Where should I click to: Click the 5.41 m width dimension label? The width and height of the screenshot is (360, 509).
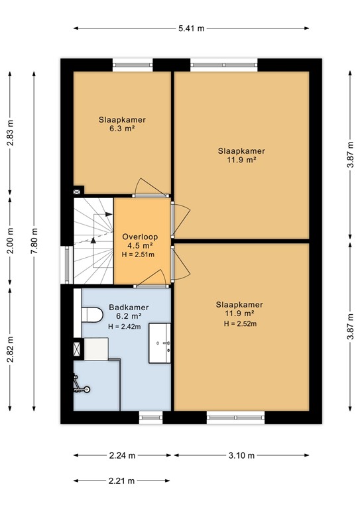click(191, 28)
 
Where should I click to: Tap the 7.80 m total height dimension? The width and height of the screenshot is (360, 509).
click(34, 241)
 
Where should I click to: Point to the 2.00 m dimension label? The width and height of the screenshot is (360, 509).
click(11, 241)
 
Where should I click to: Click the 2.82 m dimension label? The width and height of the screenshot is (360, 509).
click(11, 349)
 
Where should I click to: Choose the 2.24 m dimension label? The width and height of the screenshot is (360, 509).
click(122, 455)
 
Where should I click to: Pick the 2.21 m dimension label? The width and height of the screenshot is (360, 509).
click(121, 481)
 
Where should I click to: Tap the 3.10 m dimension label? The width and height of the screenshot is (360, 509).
click(241, 455)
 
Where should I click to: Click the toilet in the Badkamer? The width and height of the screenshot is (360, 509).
click(92, 315)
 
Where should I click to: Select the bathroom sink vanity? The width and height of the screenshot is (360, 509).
click(160, 343)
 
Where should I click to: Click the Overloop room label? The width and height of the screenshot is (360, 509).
click(140, 237)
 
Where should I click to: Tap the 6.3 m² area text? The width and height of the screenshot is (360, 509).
click(122, 128)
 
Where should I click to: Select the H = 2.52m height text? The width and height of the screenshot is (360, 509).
click(240, 323)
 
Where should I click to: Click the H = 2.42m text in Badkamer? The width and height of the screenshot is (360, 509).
click(125, 327)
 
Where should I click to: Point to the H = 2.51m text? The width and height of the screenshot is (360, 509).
click(138, 254)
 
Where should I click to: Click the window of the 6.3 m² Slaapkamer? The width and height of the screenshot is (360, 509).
click(133, 65)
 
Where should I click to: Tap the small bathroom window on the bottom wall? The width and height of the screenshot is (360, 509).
click(151, 418)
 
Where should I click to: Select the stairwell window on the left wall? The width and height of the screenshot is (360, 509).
click(67, 264)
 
